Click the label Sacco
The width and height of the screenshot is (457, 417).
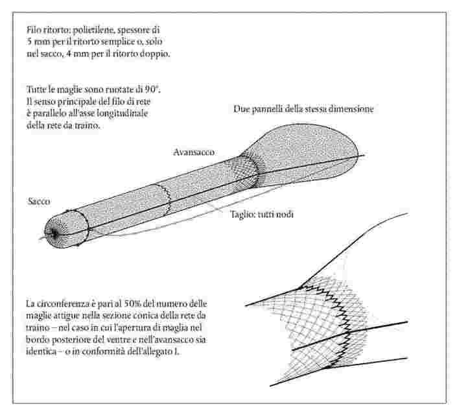[x=39, y=201]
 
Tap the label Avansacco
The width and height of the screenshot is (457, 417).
[x=194, y=152]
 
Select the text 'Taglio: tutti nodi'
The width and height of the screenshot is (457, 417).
[x=262, y=214]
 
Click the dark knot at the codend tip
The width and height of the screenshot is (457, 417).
[x=54, y=233]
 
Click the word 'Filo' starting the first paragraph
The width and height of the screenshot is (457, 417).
[x=33, y=30]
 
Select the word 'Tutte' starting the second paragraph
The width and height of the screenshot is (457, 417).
[x=36, y=89]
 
